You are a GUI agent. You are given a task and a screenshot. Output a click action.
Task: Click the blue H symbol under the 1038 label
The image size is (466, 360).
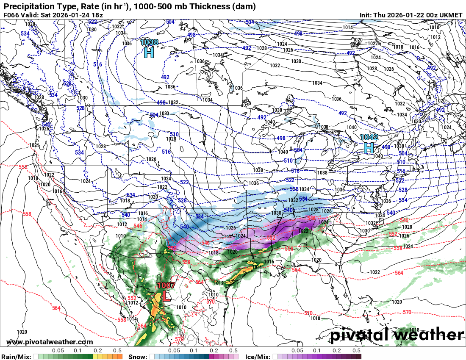click(149, 53)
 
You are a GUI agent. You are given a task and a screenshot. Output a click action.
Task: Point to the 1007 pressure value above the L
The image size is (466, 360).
click(166, 285)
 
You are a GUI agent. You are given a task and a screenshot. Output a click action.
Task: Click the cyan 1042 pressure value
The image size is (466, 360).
click(369, 137)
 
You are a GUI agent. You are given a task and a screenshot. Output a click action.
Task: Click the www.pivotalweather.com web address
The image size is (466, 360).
click(50, 342)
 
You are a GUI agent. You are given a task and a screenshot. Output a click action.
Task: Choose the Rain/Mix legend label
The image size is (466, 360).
click(16, 357)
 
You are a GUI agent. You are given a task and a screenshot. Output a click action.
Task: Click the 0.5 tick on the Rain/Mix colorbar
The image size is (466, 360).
click(118, 351)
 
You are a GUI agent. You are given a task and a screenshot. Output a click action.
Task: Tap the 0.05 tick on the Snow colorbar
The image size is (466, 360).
click(174, 351)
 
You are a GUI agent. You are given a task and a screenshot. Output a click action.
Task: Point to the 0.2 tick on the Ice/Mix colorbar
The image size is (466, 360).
click(337, 351)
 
